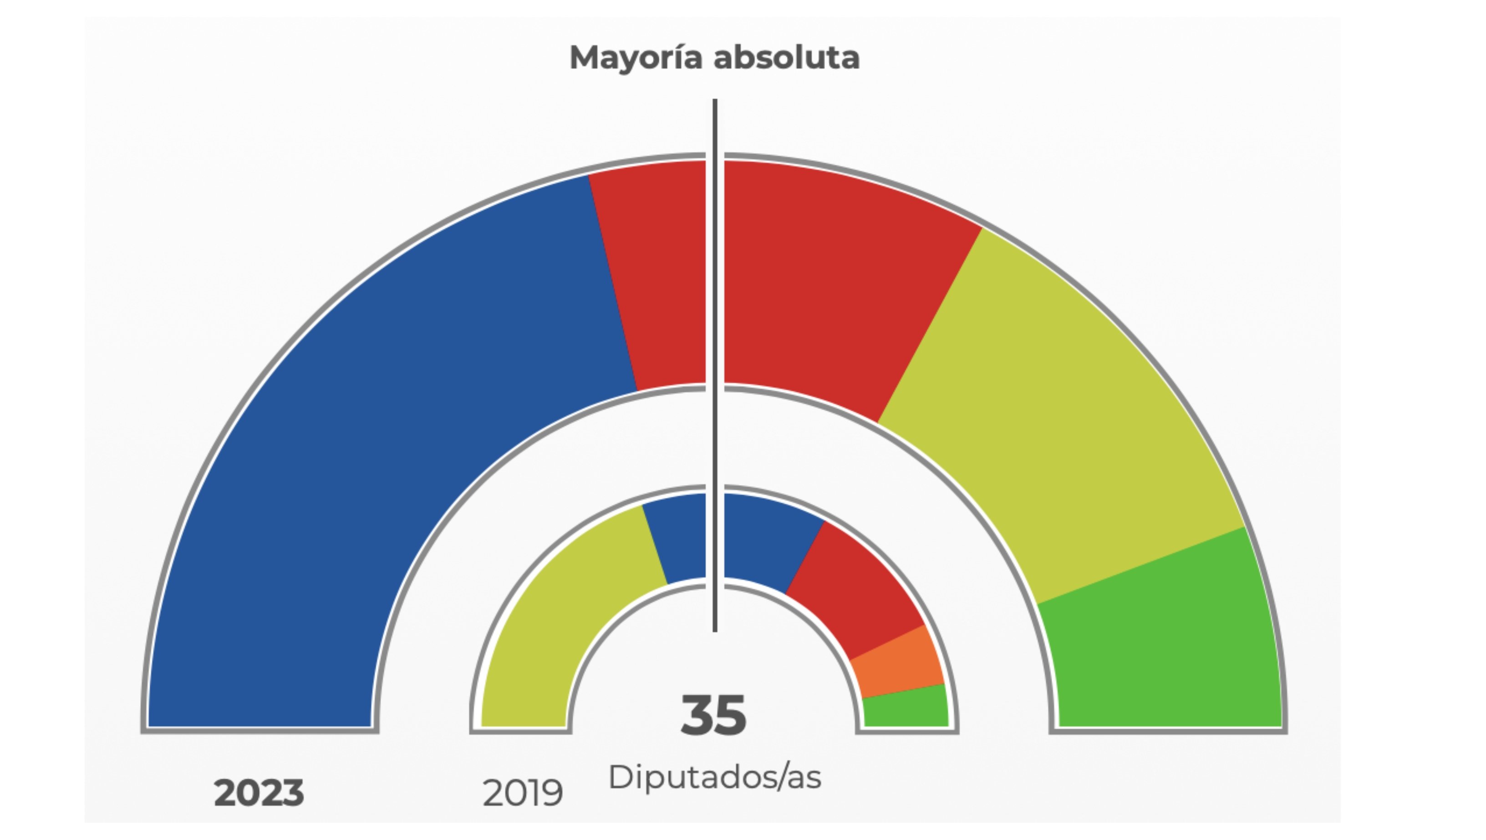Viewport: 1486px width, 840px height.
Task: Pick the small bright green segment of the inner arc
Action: (x=906, y=707)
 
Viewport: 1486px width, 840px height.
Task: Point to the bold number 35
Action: (x=713, y=716)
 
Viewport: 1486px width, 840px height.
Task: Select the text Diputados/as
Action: (x=714, y=778)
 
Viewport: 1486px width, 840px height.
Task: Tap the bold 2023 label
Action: (x=259, y=793)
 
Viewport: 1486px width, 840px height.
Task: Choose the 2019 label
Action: (x=522, y=793)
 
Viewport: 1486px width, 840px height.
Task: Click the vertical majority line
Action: (x=715, y=346)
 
